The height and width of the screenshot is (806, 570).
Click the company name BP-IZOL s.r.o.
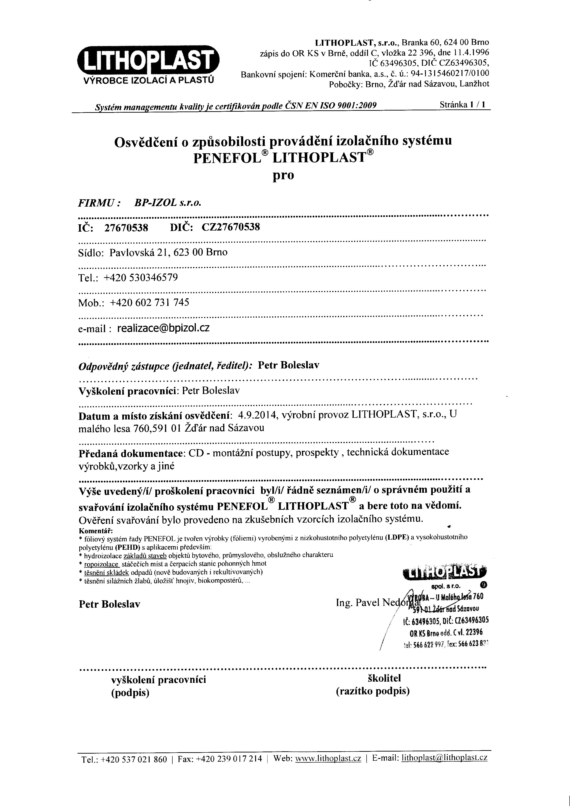168,203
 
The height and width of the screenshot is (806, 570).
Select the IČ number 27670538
126,228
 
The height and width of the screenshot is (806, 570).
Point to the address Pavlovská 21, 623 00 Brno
168,252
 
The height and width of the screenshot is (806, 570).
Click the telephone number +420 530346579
141,278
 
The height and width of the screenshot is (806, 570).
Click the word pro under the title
283,175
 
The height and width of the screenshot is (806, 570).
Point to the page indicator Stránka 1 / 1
463,105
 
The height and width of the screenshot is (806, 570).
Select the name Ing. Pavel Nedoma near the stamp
372,603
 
